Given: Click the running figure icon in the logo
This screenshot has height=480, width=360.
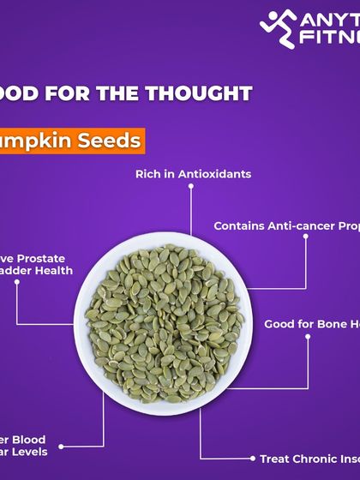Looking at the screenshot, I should [x=279, y=28].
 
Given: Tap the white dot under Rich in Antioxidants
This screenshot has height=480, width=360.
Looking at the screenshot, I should [x=192, y=190].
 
